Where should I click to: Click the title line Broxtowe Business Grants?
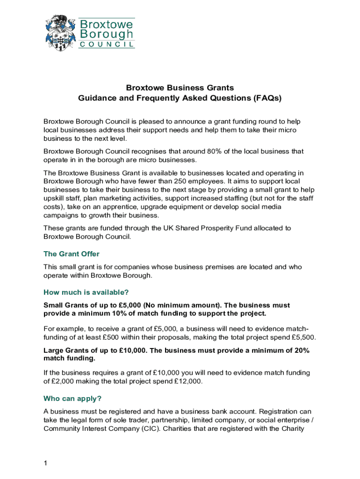point(180,88)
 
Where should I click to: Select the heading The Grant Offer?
point(72,254)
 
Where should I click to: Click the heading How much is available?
point(86,293)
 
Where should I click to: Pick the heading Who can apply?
point(72,399)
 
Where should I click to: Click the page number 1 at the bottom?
point(45,463)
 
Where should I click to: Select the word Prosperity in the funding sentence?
point(208,228)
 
